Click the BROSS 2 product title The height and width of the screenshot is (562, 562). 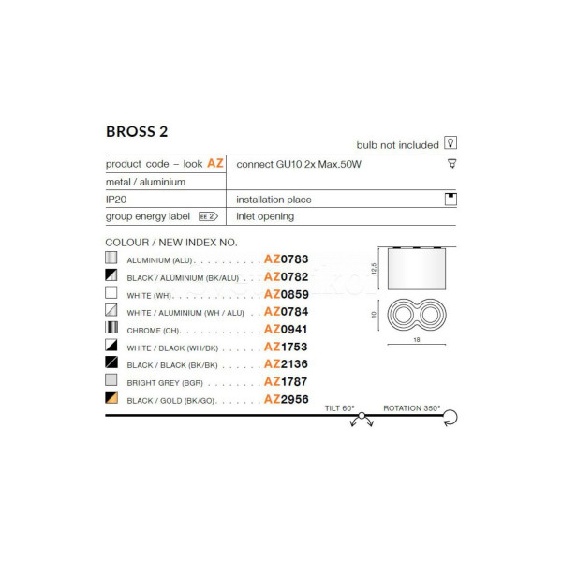tap(137, 131)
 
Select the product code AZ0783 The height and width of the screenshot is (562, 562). tap(286, 259)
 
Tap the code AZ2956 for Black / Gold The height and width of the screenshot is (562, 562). tap(286, 399)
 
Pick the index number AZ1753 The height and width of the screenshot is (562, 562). tap(286, 347)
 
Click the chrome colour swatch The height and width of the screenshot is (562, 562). tap(111, 327)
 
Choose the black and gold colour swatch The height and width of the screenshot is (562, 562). tap(111, 397)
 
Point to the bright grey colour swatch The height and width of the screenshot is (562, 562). tap(111, 380)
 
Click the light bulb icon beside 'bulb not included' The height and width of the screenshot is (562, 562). tap(451, 142)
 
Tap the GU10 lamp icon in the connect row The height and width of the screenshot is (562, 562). tap(452, 163)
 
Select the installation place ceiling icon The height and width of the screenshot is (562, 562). tap(451, 199)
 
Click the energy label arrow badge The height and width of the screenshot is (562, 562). tap(208, 216)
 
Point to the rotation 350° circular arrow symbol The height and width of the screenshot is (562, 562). tap(451, 418)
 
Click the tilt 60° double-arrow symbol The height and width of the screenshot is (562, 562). tap(362, 420)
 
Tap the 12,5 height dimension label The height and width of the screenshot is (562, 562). tap(374, 269)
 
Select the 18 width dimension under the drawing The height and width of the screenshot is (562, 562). tap(417, 339)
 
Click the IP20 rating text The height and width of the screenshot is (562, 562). tap(116, 200)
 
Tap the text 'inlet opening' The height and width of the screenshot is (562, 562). tap(265, 216)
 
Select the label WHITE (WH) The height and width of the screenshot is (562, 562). tap(150, 296)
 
